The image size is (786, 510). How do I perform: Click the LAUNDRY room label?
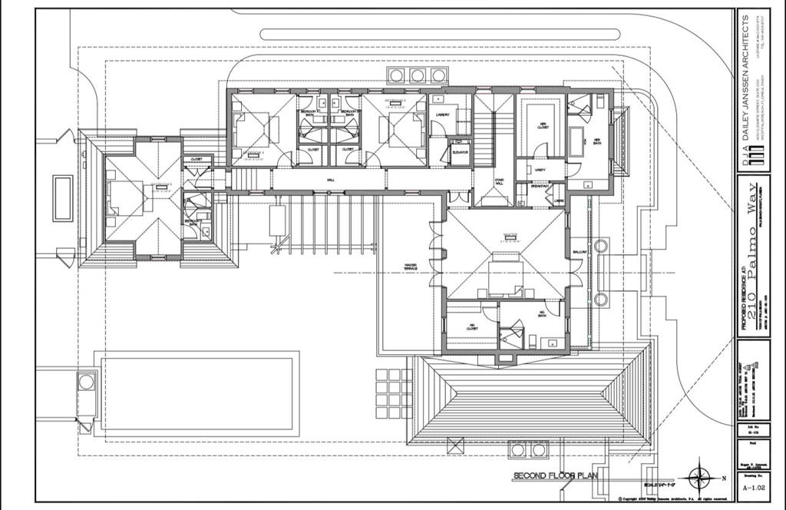tap(442, 115)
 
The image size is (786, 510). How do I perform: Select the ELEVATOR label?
tap(460, 152)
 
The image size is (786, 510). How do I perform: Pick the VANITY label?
tap(540, 170)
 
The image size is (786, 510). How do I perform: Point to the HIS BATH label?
tap(542, 313)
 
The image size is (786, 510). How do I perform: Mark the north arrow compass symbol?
tap(699, 478)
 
